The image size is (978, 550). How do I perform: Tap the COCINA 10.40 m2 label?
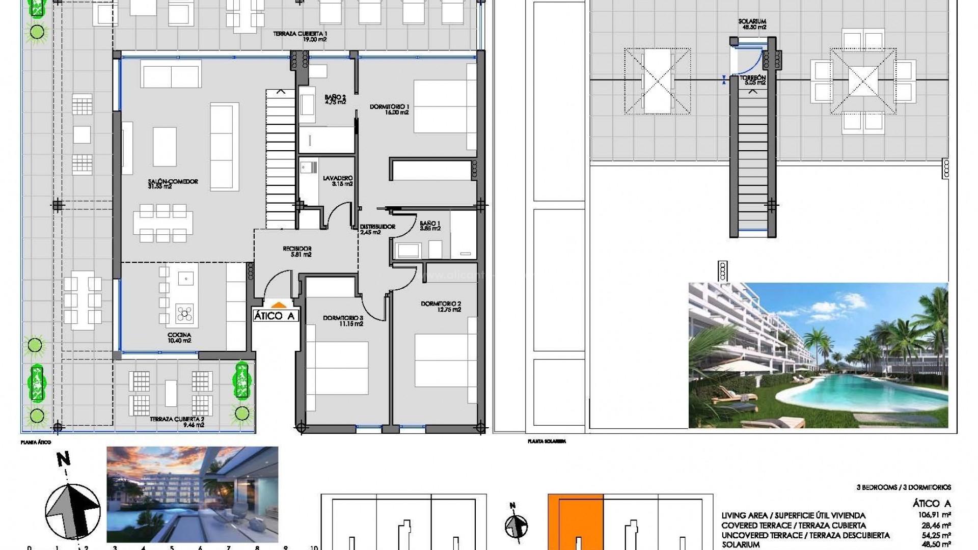coord(179,338)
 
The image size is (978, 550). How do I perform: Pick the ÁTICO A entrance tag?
coord(275,316)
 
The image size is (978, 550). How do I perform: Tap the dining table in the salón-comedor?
coord(163,223)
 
